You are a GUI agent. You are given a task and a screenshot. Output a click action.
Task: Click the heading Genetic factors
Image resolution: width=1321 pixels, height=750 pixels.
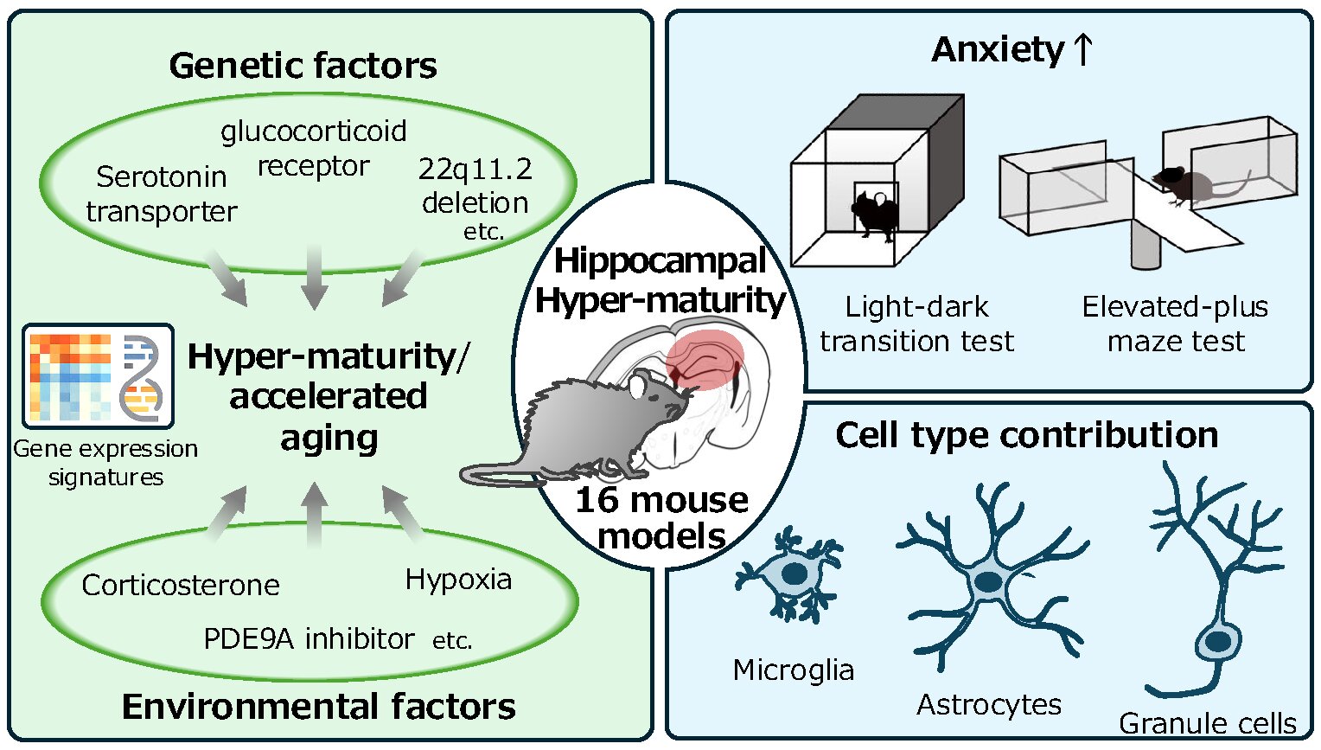point(303,66)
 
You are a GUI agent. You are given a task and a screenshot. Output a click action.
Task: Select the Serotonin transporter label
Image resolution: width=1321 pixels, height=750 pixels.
point(162,194)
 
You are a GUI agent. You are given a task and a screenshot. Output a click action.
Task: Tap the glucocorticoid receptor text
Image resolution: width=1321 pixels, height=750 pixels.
point(313,148)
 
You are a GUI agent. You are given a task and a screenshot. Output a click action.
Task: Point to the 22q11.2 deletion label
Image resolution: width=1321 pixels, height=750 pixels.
point(475,185)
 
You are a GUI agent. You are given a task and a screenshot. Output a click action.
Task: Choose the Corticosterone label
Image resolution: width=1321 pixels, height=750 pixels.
point(180,586)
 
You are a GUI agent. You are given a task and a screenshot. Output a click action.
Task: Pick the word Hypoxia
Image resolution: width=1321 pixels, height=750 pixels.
point(458,580)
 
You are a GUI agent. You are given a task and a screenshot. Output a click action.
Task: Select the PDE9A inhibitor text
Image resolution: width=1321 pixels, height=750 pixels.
point(309,639)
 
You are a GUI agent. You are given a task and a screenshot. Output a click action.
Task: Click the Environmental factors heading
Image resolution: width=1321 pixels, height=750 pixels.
point(318,707)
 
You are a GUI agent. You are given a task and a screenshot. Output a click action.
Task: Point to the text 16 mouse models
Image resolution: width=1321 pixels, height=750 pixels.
point(661,517)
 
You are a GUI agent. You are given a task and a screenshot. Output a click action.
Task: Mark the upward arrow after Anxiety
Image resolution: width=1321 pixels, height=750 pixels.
point(1082,49)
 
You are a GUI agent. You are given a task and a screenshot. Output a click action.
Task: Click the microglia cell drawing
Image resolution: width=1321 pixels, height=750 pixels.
point(789,574)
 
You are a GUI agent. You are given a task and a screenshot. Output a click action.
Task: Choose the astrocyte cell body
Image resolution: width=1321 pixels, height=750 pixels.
point(988,581)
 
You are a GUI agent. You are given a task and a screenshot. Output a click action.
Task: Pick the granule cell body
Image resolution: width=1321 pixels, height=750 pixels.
point(1217,642)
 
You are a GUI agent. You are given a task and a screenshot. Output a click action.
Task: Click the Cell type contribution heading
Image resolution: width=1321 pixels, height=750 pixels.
point(1026,435)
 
